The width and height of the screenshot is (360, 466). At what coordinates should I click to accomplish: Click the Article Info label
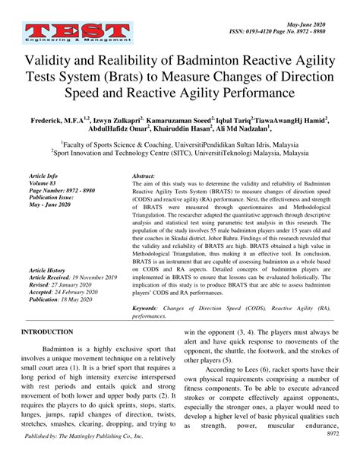(46, 175)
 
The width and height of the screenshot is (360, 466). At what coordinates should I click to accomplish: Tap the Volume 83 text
(43, 182)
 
